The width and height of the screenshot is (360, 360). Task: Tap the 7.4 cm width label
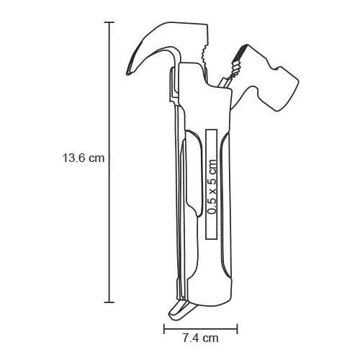point(190,336)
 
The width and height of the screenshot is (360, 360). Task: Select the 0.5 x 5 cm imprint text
point(212,184)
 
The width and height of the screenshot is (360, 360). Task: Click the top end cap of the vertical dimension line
point(109,22)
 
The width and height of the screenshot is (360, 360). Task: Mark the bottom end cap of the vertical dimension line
point(109,302)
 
